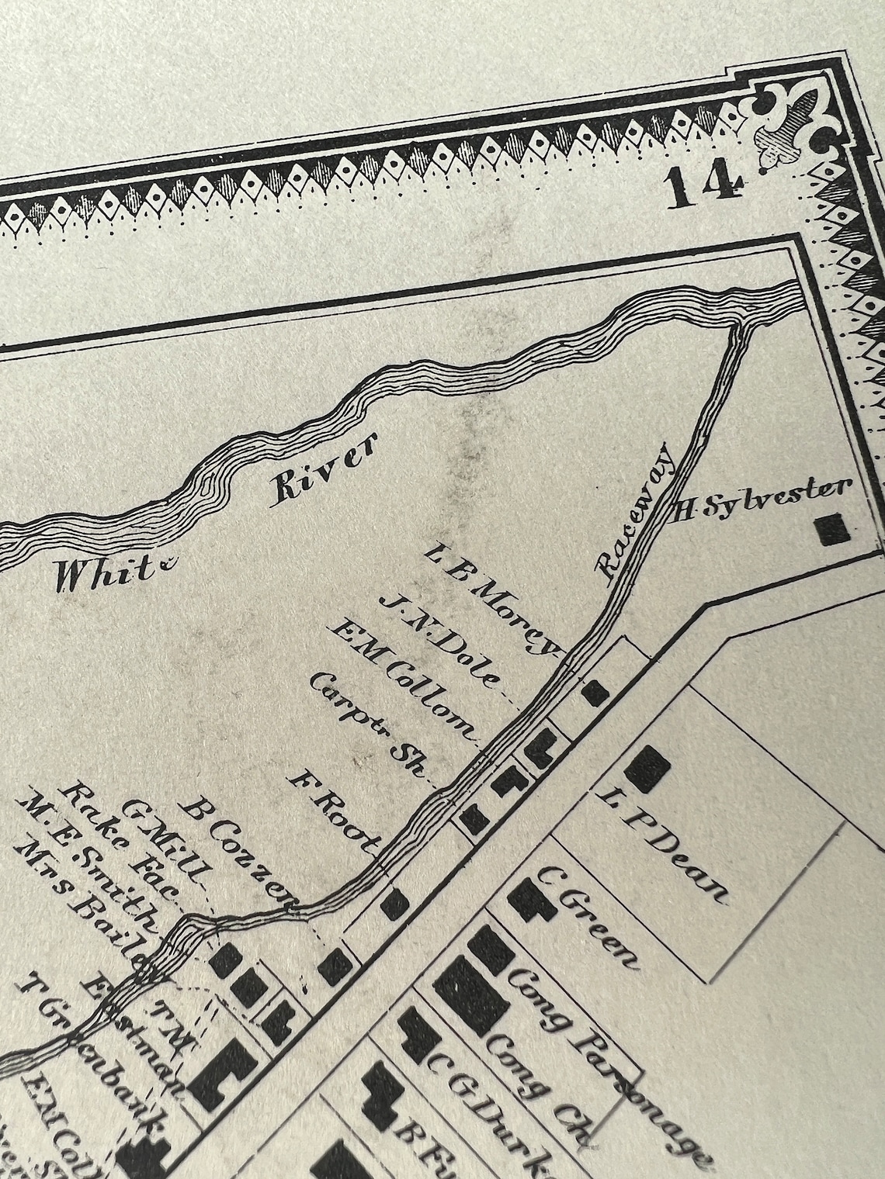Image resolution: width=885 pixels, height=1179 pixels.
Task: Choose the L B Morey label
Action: click(x=496, y=598)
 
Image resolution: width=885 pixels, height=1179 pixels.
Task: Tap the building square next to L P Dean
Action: click(x=647, y=768)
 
